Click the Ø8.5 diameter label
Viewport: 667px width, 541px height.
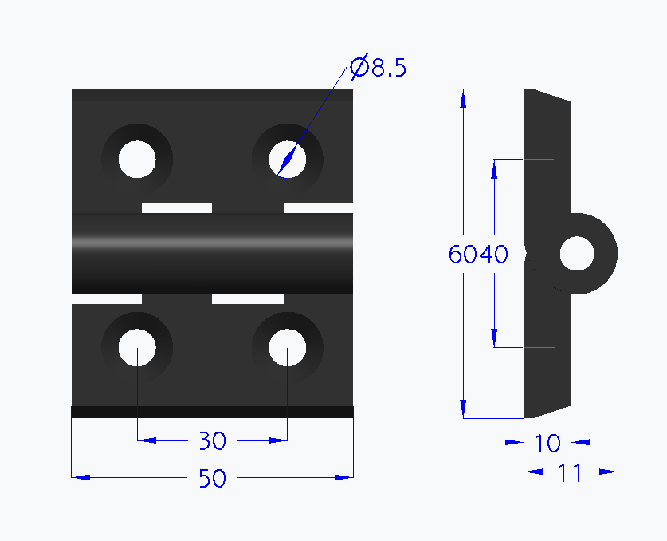point(379,69)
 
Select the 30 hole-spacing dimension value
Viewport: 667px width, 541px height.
point(213,440)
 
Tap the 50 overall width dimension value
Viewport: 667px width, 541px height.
point(213,478)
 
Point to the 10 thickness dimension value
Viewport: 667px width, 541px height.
point(547,443)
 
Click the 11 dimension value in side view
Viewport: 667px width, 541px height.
point(569,473)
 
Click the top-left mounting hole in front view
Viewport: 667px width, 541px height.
point(137,160)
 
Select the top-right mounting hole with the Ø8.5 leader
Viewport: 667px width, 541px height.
point(287,160)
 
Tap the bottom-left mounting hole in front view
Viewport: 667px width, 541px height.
point(137,349)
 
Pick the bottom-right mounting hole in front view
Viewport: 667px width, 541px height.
point(287,349)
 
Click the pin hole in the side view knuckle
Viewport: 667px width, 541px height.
point(577,255)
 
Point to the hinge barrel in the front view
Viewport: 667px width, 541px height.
point(212,254)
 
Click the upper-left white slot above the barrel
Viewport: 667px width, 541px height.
point(177,208)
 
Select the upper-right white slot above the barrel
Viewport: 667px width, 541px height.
point(319,208)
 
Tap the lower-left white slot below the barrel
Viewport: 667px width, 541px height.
point(107,298)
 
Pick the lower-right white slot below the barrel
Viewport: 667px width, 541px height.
point(249,298)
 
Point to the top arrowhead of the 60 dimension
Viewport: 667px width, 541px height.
point(463,97)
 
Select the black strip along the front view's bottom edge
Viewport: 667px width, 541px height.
point(212,412)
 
